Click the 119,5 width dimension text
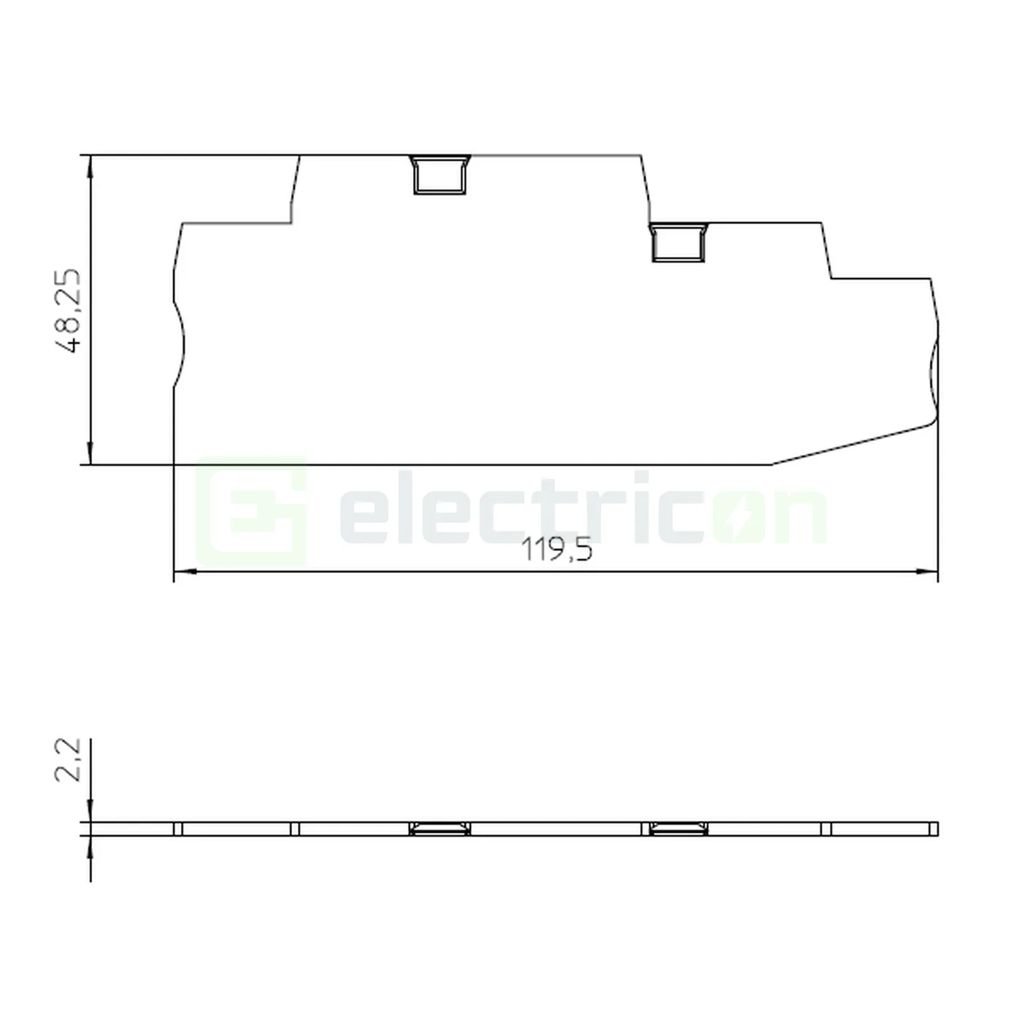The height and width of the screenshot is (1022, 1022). pos(556,550)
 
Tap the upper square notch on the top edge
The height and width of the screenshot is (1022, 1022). pos(439,175)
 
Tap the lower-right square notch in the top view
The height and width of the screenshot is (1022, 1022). pos(678,242)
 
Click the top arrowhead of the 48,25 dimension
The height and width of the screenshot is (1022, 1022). pos(90,165)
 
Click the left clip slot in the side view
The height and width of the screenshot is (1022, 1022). pos(439,829)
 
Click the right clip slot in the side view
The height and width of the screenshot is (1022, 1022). pos(678,829)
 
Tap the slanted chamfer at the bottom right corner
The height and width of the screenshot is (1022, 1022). pos(854,443)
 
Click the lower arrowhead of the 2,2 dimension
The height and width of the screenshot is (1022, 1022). pos(90,845)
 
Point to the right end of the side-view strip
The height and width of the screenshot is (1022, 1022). pos(936,829)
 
